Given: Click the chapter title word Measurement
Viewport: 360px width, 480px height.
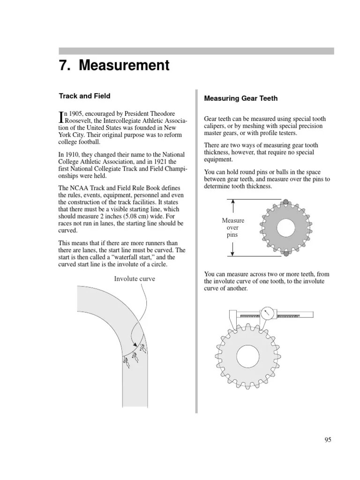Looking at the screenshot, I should click(124, 66).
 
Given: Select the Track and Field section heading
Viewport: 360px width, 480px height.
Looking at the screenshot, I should click(84, 96).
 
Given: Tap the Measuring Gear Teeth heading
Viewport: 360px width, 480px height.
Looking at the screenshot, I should click(241, 98).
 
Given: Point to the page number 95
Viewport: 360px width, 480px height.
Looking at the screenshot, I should click(328, 440).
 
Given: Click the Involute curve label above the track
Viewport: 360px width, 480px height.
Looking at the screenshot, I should click(135, 279).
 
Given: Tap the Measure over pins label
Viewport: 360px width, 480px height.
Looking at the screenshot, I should click(233, 227).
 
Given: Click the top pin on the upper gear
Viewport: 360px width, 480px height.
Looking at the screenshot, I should click(285, 202).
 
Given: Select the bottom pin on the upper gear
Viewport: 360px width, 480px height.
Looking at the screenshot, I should click(285, 254).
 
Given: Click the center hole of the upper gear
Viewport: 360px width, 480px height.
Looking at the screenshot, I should click(285, 228).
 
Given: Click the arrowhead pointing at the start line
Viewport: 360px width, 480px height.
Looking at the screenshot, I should click(135, 345).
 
